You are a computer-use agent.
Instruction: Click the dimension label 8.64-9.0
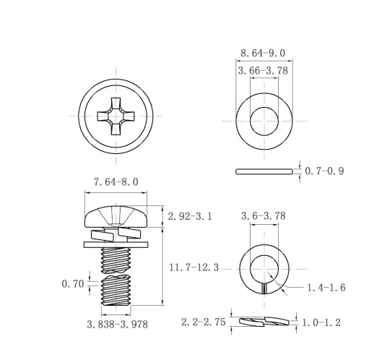tap(263, 53)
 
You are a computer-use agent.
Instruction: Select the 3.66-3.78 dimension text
tap(263, 71)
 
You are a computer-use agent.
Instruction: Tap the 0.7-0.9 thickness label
tap(324, 171)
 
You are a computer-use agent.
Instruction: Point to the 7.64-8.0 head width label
tap(116, 182)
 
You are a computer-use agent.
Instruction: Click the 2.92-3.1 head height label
tap(190, 216)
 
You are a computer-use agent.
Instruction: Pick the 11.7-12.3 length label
tap(193, 267)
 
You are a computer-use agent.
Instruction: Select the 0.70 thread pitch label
tap(73, 284)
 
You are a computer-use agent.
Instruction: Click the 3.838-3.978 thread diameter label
tap(117, 325)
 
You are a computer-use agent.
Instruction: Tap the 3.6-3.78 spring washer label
tap(264, 216)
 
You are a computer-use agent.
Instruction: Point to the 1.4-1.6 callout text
tap(326, 288)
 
